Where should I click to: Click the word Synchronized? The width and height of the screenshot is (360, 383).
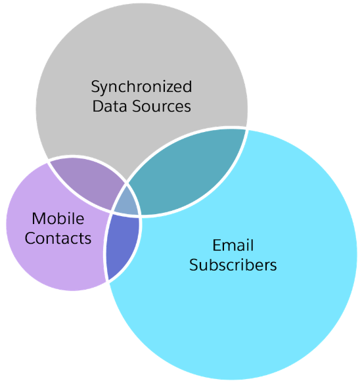pyautogui.click(x=141, y=87)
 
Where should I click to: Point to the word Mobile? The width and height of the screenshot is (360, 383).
pyautogui.click(x=58, y=219)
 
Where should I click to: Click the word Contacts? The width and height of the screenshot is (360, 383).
pyautogui.click(x=58, y=237)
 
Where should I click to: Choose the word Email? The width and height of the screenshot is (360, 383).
pyautogui.click(x=233, y=246)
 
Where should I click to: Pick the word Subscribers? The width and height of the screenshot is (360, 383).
pyautogui.click(x=233, y=265)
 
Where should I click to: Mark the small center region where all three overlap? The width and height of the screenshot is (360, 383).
pyautogui.click(x=127, y=205)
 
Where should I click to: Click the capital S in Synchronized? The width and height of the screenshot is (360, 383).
pyautogui.click(x=95, y=87)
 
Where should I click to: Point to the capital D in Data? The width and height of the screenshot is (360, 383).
pyautogui.click(x=97, y=106)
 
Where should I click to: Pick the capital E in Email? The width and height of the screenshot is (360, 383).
pyautogui.click(x=216, y=246)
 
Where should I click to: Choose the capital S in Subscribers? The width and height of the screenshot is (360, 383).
pyautogui.click(x=194, y=265)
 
